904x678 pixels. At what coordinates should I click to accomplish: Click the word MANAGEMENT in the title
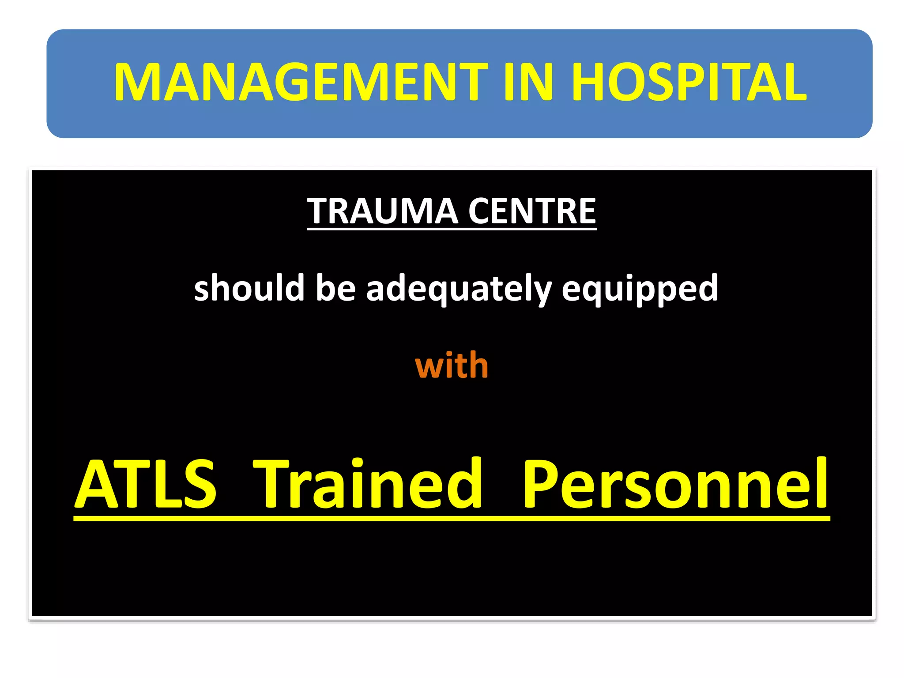[x=300, y=83]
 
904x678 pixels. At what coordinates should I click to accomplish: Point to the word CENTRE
[x=532, y=211]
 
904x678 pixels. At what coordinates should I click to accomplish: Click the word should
[x=249, y=288]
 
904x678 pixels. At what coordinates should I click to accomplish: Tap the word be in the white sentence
[x=335, y=288]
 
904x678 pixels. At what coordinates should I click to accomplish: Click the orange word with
[x=452, y=365]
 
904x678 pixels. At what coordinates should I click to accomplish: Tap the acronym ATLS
[x=146, y=484]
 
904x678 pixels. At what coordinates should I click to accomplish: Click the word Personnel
[x=675, y=484]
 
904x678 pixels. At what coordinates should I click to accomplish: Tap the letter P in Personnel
[x=542, y=484]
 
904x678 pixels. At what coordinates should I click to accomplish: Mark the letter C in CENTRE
[x=481, y=211]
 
